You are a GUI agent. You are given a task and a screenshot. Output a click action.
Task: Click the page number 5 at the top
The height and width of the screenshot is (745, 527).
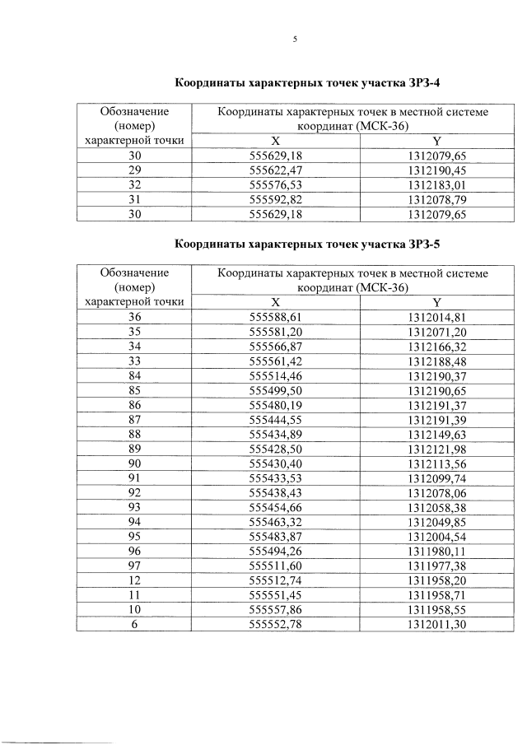pos(294,40)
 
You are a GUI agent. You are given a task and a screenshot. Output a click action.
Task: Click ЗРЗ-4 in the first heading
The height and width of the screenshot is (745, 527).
pos(426,83)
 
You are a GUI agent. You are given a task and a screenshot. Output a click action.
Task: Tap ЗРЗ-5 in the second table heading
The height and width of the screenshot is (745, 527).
pos(426,244)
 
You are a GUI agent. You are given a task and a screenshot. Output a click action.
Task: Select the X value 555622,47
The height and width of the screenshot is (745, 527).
pos(276,170)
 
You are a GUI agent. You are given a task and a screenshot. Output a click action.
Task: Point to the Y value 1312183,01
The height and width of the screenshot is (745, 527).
pos(436,184)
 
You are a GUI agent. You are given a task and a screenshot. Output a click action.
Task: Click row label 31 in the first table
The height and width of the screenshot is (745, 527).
pos(134,199)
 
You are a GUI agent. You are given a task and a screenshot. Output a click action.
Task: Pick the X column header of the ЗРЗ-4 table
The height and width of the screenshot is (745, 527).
pos(276,140)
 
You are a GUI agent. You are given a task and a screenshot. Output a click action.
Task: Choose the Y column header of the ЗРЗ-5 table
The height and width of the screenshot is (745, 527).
pos(436,301)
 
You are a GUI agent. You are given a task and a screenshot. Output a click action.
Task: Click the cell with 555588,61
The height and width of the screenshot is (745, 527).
pos(276,316)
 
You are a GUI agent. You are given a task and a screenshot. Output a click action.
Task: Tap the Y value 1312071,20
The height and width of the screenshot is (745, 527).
pos(436,331)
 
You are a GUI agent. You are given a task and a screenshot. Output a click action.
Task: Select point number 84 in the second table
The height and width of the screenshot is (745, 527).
pos(134,375)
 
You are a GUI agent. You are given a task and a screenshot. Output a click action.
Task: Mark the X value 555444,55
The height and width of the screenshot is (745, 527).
pos(276,420)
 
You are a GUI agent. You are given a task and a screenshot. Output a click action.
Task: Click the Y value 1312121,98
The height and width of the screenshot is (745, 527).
pos(436,449)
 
